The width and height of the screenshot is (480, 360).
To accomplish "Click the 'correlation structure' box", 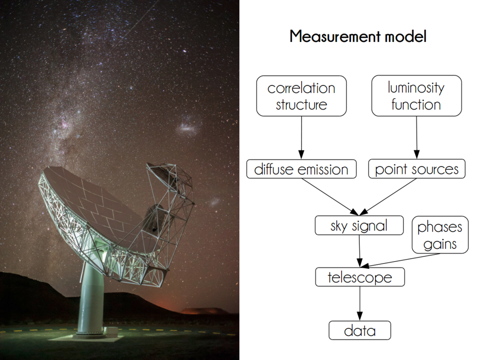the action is point(301,96).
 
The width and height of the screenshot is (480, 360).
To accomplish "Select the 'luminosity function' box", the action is point(416,96).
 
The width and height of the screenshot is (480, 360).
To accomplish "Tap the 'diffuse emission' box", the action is point(301,169).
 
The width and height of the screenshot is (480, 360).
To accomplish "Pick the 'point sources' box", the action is point(416,169).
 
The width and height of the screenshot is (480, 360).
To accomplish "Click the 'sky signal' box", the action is point(359,225).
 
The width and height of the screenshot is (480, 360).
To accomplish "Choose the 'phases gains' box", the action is point(440,235).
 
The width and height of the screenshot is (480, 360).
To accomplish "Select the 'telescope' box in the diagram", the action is point(360,277).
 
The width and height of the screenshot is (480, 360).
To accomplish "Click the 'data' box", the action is point(360,330).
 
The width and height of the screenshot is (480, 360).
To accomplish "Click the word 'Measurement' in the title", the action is point(335,36).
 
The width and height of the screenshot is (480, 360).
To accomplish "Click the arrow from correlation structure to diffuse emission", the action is point(301,138).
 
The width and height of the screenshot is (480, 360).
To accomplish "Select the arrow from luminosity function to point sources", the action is point(416,138).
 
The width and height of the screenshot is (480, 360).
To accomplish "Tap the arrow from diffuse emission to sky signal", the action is point(330,197).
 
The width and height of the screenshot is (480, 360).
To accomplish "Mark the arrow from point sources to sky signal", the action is point(388,197).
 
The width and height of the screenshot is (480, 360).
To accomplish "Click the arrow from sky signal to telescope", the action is point(359,251).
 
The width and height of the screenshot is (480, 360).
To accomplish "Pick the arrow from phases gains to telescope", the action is point(400,261).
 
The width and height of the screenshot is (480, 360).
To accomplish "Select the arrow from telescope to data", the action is point(360,303).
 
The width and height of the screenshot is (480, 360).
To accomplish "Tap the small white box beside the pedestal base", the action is point(111,332).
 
